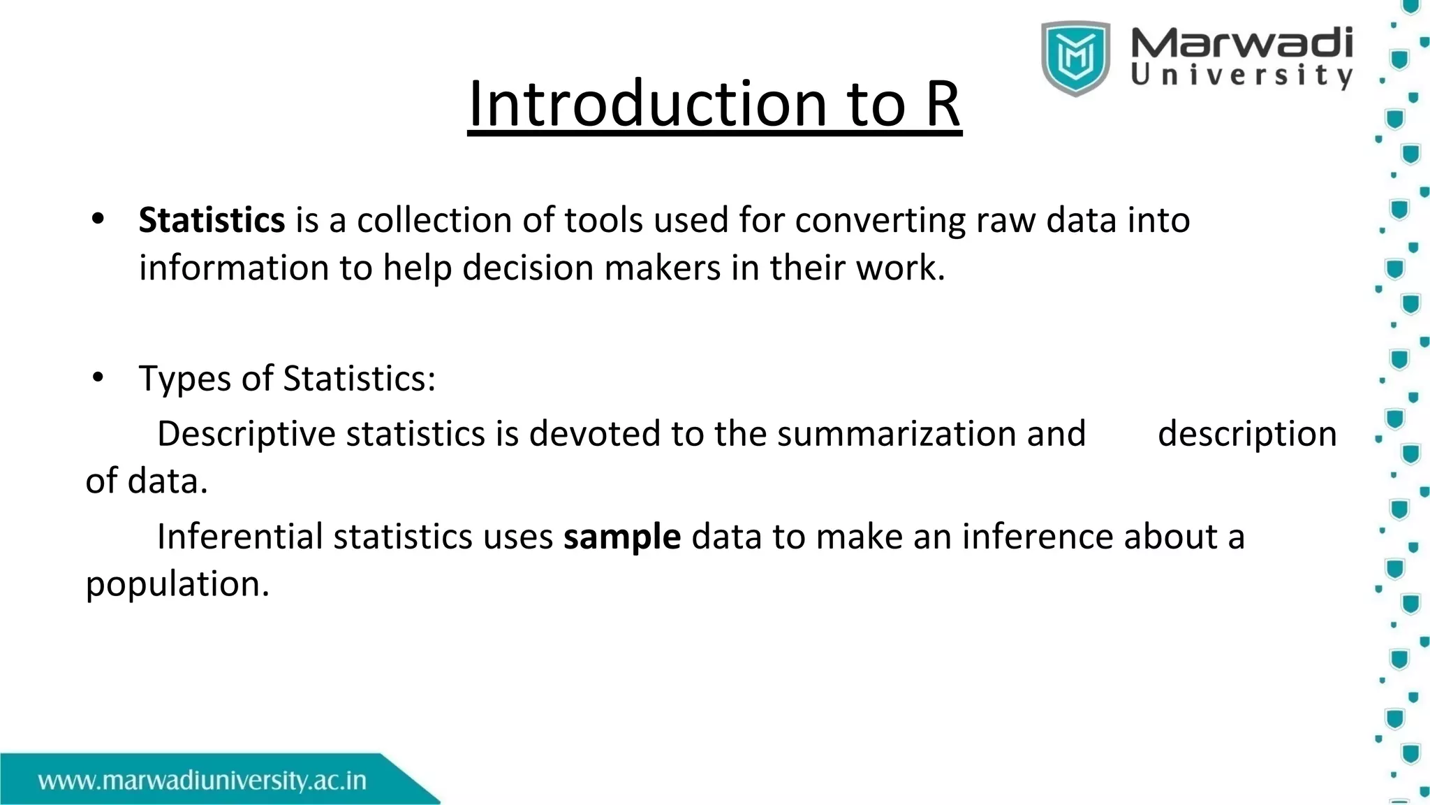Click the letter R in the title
click(942, 103)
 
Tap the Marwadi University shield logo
click(1075, 57)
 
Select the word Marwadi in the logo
click(1241, 43)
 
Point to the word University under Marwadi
click(1241, 75)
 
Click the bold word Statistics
click(212, 220)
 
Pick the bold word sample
click(621, 537)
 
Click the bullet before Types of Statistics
click(98, 378)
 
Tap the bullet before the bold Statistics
click(98, 219)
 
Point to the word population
click(177, 585)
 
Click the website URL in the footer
click(202, 781)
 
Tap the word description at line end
click(1247, 435)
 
